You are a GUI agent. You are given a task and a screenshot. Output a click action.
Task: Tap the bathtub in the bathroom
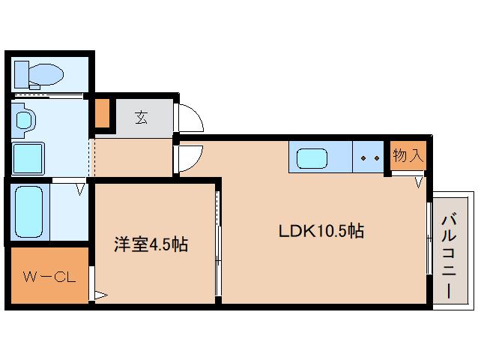[29, 211]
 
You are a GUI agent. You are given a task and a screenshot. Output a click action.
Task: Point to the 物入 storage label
[408, 156]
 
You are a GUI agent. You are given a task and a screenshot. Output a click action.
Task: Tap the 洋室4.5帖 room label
[151, 244]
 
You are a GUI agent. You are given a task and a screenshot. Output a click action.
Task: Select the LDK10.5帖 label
[321, 231]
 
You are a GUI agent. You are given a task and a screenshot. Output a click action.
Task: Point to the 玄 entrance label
[142, 117]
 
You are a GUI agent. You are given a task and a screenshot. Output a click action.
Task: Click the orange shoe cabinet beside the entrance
[102, 112]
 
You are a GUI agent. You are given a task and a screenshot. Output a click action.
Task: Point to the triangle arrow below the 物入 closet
[420, 181]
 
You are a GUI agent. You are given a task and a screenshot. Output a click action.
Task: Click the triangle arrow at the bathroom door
[79, 190]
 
